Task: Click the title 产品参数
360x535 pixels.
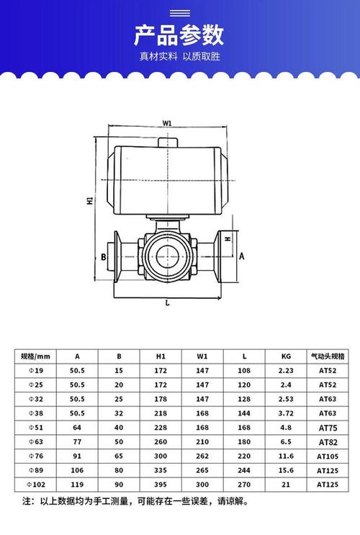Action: point(179,34)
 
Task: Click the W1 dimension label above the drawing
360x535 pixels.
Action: point(167,123)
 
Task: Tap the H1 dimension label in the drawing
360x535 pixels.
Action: point(89,202)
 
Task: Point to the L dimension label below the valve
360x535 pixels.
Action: point(166,303)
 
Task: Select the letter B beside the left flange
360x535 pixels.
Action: point(104,256)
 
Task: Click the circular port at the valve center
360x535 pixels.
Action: point(167,256)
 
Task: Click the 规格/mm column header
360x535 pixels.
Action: point(35,356)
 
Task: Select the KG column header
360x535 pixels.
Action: point(287,356)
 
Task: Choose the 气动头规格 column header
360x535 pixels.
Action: point(328,356)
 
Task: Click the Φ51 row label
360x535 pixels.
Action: point(35,426)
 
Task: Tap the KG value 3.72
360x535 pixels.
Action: point(287,414)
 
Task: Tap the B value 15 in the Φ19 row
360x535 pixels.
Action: point(119,371)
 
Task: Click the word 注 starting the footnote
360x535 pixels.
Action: point(27,501)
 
